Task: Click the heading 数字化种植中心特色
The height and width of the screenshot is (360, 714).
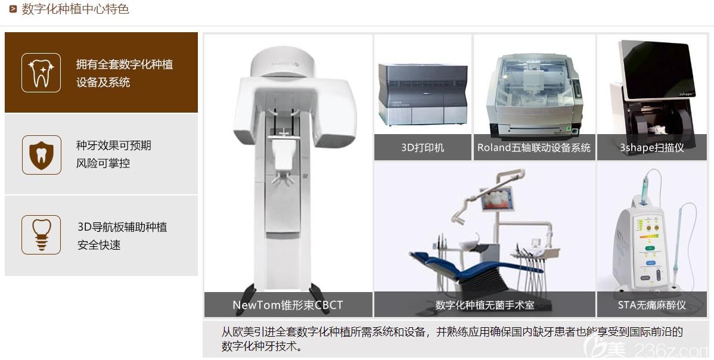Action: click(x=75, y=9)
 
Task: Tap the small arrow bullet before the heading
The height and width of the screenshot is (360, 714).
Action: click(x=13, y=9)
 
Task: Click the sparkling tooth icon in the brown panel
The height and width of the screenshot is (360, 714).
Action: click(x=41, y=72)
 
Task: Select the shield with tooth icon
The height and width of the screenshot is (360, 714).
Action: click(x=41, y=154)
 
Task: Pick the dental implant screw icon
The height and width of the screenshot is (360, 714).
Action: click(x=41, y=235)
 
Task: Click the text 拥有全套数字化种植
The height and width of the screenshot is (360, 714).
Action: click(x=124, y=64)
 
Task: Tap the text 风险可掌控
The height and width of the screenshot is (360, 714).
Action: click(x=103, y=163)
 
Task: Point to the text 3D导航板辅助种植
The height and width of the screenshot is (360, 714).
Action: click(x=122, y=227)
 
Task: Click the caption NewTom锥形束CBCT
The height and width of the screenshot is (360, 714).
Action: click(x=288, y=305)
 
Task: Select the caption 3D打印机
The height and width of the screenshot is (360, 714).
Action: click(x=423, y=148)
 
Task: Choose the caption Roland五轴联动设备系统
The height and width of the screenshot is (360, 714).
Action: click(x=534, y=148)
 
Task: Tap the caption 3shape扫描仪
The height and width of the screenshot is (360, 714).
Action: click(x=651, y=148)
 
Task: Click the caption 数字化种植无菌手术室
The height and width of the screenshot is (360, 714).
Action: click(x=485, y=305)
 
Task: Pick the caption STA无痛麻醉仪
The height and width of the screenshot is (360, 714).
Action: click(x=651, y=305)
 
